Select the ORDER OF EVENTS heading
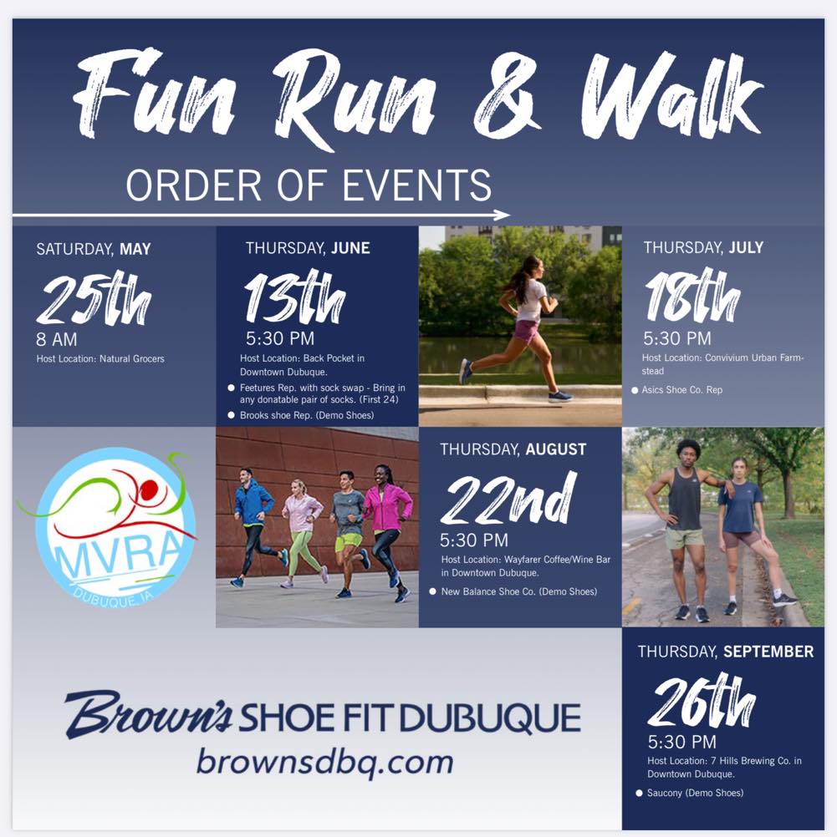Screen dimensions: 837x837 tap(309, 185)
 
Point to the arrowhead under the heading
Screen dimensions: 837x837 tap(502, 215)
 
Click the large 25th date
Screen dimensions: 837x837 tap(93, 301)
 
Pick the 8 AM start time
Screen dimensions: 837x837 tap(57, 340)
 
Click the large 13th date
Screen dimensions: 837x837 tap(294, 298)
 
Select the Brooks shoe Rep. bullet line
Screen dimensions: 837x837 tap(306, 415)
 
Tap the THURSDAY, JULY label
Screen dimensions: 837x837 tap(703, 247)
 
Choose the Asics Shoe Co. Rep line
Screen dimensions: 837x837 tap(681, 390)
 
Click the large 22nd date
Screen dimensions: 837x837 tap(508, 499)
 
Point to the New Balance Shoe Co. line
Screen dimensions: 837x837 tap(519, 591)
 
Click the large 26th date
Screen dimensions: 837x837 tap(702, 702)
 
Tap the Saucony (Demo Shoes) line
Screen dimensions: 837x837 tap(694, 793)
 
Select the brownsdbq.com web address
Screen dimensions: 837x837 tap(324, 763)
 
